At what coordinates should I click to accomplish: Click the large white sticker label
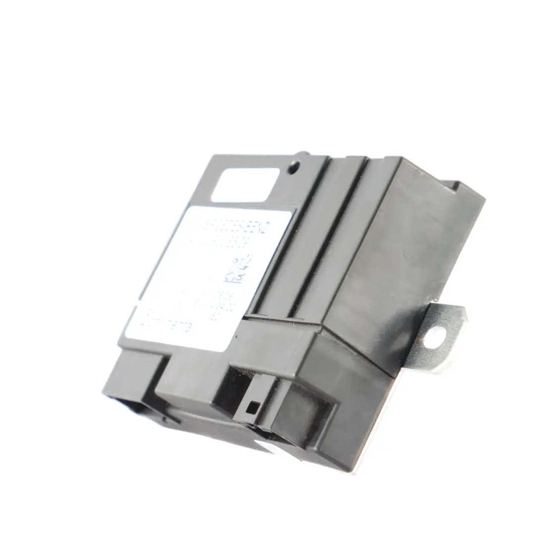tap(208, 277)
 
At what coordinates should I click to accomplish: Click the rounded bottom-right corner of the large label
tap(229, 349)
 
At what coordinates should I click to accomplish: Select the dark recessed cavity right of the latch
tap(302, 416)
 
